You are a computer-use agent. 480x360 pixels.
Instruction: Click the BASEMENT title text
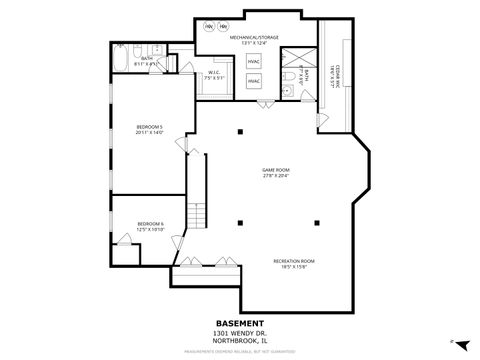click(240, 322)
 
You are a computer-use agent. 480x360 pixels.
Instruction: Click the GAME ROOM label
click(275, 170)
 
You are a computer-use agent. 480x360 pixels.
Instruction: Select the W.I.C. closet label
click(214, 71)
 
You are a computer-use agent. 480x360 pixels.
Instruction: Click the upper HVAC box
click(253, 61)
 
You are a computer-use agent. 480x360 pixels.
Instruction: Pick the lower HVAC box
click(253, 79)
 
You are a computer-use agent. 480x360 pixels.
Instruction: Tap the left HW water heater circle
click(209, 25)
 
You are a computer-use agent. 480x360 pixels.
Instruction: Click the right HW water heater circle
click(223, 25)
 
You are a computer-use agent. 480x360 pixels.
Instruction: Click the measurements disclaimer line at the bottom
click(240, 352)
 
